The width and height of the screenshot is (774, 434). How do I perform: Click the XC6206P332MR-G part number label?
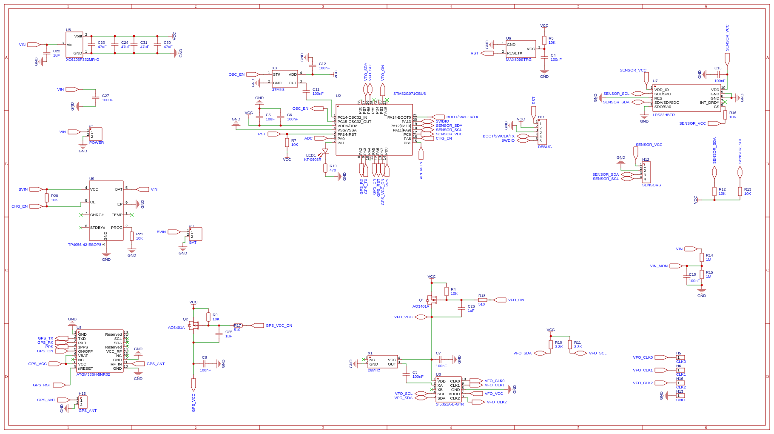[x=83, y=60]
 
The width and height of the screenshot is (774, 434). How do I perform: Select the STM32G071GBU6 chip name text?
[x=409, y=94]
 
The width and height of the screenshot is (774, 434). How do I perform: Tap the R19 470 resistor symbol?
[x=325, y=168]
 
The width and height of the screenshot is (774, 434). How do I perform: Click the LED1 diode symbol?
[x=325, y=151]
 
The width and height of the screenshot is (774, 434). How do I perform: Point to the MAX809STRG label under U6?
[x=518, y=60]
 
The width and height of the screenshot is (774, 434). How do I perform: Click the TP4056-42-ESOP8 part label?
[x=85, y=245]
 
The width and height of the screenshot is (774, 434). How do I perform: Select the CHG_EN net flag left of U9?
[x=36, y=206]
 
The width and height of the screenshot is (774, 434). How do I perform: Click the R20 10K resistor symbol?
[x=47, y=198]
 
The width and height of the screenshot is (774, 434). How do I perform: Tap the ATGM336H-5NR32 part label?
[x=93, y=374]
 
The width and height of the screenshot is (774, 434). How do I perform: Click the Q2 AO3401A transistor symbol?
[x=193, y=325]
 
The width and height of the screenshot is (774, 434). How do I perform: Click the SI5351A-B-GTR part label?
[x=450, y=404]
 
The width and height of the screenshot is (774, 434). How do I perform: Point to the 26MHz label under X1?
[x=374, y=370]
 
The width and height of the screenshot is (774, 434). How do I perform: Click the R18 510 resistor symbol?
[x=482, y=300]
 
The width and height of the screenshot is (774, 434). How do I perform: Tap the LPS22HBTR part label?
[x=663, y=115]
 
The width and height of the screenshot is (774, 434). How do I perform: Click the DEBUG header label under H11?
[x=544, y=147]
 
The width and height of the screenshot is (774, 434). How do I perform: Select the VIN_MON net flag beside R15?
[x=676, y=266]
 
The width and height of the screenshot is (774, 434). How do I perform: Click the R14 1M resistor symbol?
[x=702, y=257]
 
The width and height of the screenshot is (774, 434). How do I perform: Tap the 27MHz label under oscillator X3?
[x=278, y=89]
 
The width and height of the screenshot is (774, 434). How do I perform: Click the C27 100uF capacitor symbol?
[x=96, y=98]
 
